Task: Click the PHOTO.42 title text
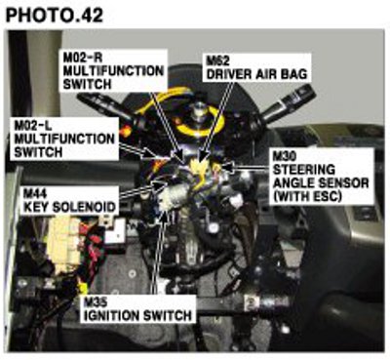coord(55,15)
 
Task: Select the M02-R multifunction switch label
coord(114,70)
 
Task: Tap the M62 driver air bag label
coord(256,67)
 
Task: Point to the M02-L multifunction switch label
coord(64,139)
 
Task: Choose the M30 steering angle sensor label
coord(322,177)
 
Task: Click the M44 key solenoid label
coord(69,201)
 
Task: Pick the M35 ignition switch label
coord(137,309)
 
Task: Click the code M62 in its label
coord(218,60)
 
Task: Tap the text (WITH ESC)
coord(307,196)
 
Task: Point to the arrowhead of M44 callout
coord(162,185)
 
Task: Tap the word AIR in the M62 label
coord(266,74)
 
